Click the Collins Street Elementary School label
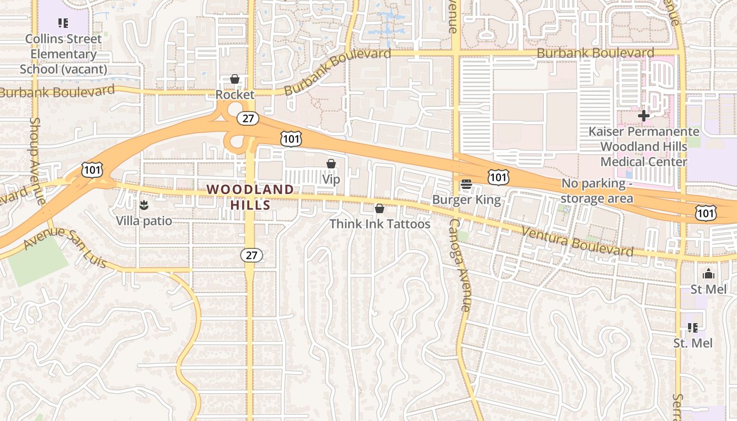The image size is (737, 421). point(63,54)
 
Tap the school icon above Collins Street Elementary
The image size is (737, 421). point(63,23)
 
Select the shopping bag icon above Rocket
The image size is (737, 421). point(235,79)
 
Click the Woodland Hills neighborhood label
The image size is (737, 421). point(250,197)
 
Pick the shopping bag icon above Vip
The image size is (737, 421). point(331,164)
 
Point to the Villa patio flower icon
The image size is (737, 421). point(143,204)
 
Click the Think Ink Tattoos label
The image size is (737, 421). point(380,224)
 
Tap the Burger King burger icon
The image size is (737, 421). point(466,184)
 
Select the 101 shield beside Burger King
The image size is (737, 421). point(498,177)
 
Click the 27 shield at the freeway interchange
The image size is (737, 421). point(247,118)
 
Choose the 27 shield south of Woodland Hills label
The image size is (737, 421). point(252,255)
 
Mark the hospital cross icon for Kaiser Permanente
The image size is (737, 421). point(643,116)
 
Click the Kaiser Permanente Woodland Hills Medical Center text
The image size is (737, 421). point(643,146)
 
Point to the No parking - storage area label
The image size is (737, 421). point(596,191)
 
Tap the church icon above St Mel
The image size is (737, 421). point(709,274)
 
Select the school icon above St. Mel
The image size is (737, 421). point(693,328)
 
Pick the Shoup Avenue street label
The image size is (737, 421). point(37,160)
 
